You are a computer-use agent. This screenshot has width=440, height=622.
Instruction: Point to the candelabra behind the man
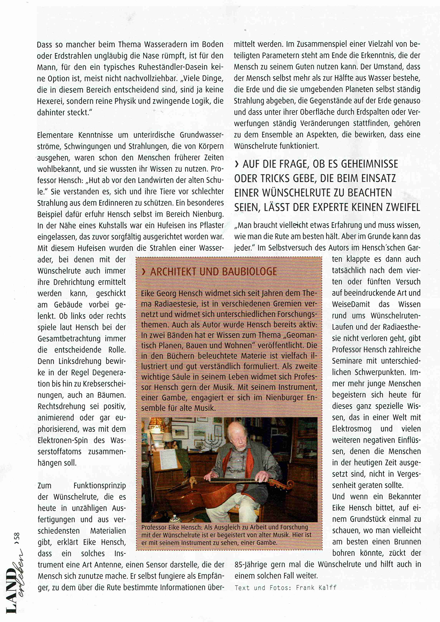pos(213,441)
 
